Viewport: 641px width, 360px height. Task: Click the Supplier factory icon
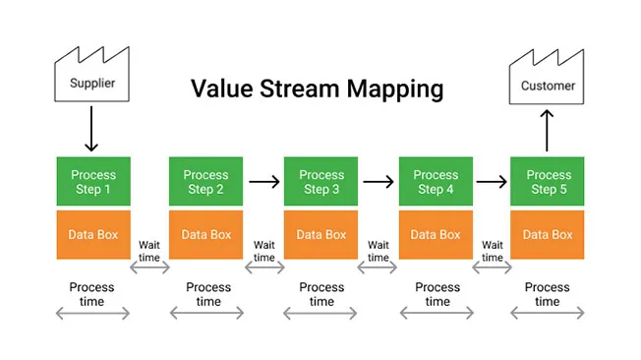point(91,79)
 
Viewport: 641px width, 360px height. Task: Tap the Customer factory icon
point(548,82)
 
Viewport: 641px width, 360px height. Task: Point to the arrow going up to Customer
point(548,131)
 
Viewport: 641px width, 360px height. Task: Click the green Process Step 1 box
point(92,181)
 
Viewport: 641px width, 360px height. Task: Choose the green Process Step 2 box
point(206,181)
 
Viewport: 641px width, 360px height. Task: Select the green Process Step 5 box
point(549,181)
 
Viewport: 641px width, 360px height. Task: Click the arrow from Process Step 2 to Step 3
point(263,181)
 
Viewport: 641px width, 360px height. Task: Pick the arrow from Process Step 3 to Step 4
point(379,181)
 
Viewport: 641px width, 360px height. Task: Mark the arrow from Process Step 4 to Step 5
point(493,181)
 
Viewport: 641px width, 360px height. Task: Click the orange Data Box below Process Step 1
point(92,235)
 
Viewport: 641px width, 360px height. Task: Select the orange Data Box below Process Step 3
point(321,235)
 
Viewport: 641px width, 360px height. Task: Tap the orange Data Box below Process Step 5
point(549,235)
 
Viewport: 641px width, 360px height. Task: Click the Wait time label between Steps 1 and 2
point(149,251)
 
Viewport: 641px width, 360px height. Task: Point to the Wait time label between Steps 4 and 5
point(493,251)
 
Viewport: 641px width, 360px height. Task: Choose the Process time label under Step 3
point(321,294)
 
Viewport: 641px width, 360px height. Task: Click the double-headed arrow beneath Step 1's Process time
point(92,314)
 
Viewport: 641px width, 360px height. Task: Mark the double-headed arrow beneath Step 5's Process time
point(549,314)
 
